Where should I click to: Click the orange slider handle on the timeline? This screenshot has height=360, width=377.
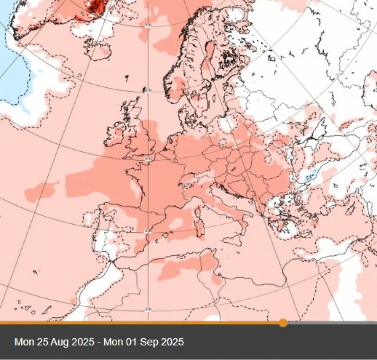click(x=283, y=323)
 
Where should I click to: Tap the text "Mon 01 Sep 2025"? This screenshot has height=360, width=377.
click(x=144, y=342)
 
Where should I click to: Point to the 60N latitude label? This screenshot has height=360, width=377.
click(x=147, y=90)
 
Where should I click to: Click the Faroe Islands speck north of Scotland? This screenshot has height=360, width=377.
click(x=127, y=77)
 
